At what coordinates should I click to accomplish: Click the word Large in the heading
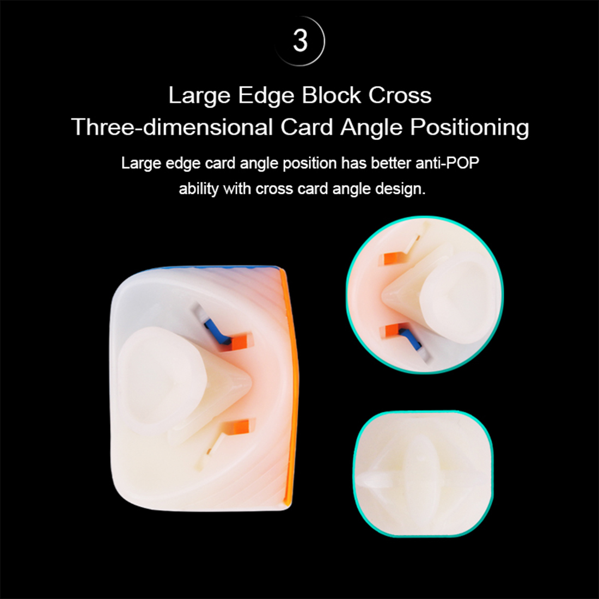click(199, 95)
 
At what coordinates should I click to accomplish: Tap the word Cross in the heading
click(400, 95)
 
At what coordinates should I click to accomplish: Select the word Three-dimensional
click(172, 127)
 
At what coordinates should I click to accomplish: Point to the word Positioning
click(469, 127)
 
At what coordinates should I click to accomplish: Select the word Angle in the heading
click(372, 127)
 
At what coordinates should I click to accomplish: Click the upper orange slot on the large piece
click(240, 341)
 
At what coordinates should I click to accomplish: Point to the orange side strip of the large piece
click(290, 381)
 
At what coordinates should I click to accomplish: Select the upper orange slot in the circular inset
click(393, 258)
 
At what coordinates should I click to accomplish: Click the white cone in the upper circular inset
click(403, 297)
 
